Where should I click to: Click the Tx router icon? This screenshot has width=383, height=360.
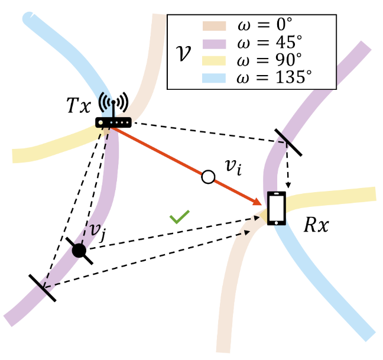(x=113, y=122)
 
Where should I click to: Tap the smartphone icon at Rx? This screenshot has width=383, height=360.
(x=276, y=209)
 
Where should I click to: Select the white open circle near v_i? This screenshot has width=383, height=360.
(x=207, y=176)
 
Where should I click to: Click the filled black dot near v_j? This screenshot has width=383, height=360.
(x=79, y=251)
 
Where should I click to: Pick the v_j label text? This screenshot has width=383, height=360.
(x=97, y=231)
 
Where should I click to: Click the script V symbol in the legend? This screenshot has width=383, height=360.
(x=185, y=50)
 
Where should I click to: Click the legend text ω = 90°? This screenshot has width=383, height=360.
(x=271, y=59)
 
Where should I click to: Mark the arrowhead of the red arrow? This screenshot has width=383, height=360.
(x=258, y=205)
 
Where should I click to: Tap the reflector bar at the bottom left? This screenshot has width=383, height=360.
(x=43, y=288)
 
